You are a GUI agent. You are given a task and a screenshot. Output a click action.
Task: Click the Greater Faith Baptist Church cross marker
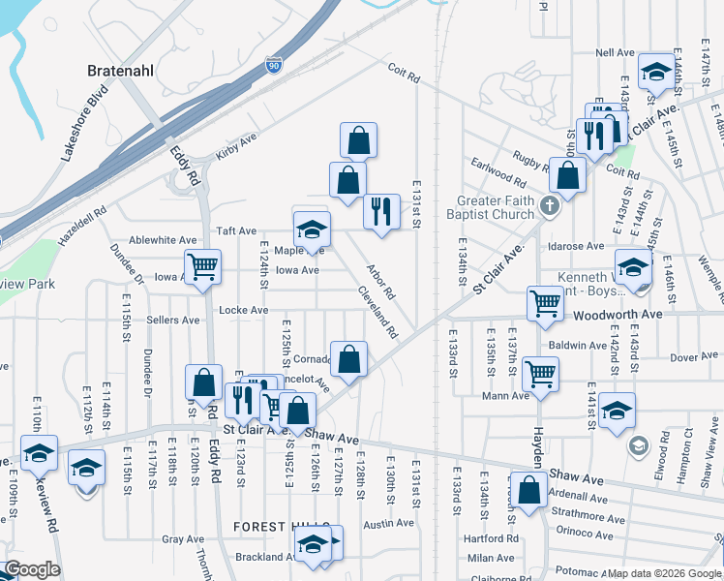click(550, 205)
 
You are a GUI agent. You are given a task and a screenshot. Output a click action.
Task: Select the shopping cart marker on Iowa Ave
click(202, 266)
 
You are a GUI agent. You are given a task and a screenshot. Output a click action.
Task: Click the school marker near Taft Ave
click(312, 229)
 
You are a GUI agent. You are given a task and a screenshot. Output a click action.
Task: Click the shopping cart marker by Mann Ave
click(540, 373)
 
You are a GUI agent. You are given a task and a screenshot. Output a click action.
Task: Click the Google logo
click(31, 569)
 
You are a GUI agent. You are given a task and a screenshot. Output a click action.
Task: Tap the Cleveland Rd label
click(377, 312)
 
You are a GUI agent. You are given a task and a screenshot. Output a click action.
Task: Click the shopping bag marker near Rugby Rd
click(569, 176)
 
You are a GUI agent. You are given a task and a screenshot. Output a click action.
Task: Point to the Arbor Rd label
click(380, 281)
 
